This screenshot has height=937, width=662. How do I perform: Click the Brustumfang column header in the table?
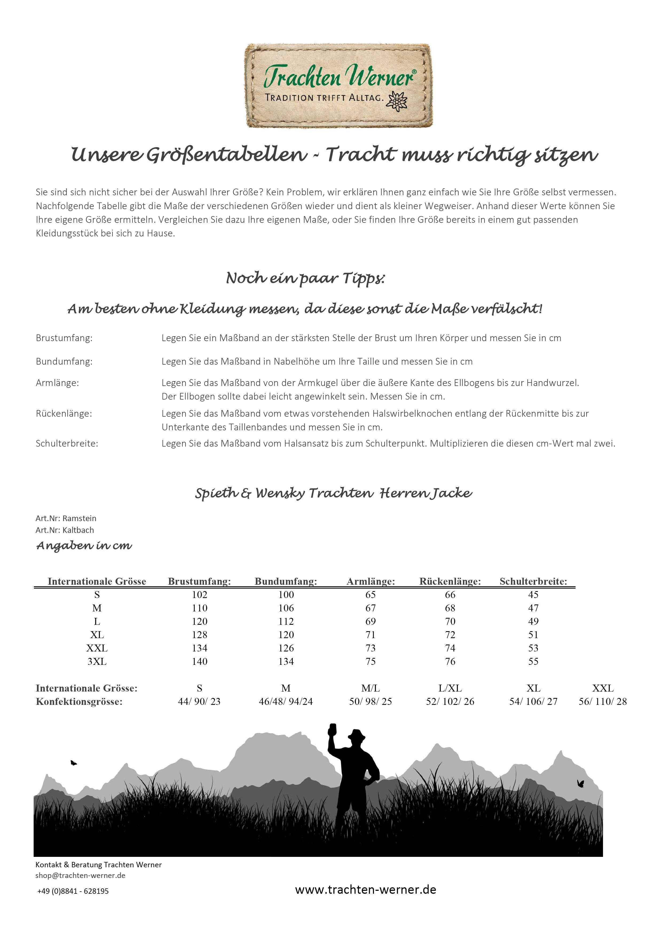pyautogui.click(x=199, y=581)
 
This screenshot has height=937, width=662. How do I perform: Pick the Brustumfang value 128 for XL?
pyautogui.click(x=199, y=635)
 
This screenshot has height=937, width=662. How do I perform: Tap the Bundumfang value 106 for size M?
pyautogui.click(x=286, y=608)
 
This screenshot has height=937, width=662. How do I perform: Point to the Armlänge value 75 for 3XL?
pyautogui.click(x=370, y=662)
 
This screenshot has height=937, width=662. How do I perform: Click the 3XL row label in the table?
pyautogui.click(x=97, y=662)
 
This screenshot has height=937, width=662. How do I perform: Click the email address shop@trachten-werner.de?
pyautogui.click(x=80, y=875)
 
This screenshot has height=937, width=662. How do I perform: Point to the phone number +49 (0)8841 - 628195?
pyautogui.click(x=73, y=891)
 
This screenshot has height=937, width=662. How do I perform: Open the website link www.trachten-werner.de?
pyautogui.click(x=365, y=890)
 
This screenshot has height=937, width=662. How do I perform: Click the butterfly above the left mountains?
pyautogui.click(x=73, y=762)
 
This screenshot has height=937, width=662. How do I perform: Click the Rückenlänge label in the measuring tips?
pyautogui.click(x=64, y=413)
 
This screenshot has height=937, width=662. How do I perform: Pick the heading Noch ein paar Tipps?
pyautogui.click(x=305, y=278)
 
